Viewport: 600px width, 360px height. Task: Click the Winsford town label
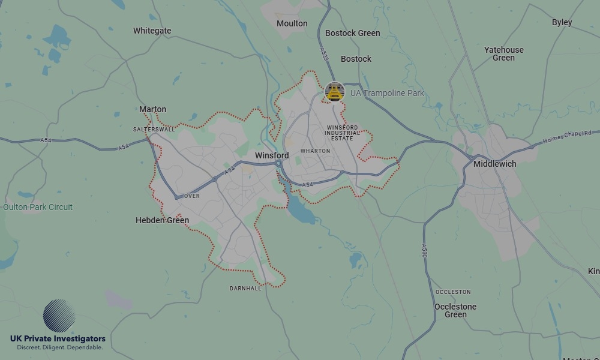pos(272,155)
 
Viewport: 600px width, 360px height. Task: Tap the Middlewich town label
pos(494,164)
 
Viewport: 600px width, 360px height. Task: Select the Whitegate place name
pos(152,31)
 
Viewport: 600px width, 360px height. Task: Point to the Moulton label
pos(292,23)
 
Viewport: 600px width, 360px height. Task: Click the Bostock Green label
pos(352,33)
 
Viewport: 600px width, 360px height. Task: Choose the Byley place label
pos(562,22)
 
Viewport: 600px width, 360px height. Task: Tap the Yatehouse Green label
pos(503,53)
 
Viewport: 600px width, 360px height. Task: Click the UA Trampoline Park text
pos(387,93)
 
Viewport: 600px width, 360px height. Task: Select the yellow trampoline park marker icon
pos(334,92)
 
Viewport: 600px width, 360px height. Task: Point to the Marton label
pos(152,109)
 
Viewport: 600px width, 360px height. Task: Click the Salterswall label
pos(154,129)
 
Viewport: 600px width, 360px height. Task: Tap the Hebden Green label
pos(162,220)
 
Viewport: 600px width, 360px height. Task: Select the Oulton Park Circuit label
pos(38,207)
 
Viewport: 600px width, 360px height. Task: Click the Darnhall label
pos(245,289)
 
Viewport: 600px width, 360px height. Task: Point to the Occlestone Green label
pos(455,310)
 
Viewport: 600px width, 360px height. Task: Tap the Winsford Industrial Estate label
pos(342,133)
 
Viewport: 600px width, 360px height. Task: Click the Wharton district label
pos(315,151)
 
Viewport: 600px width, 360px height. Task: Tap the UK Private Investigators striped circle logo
pos(59,316)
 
